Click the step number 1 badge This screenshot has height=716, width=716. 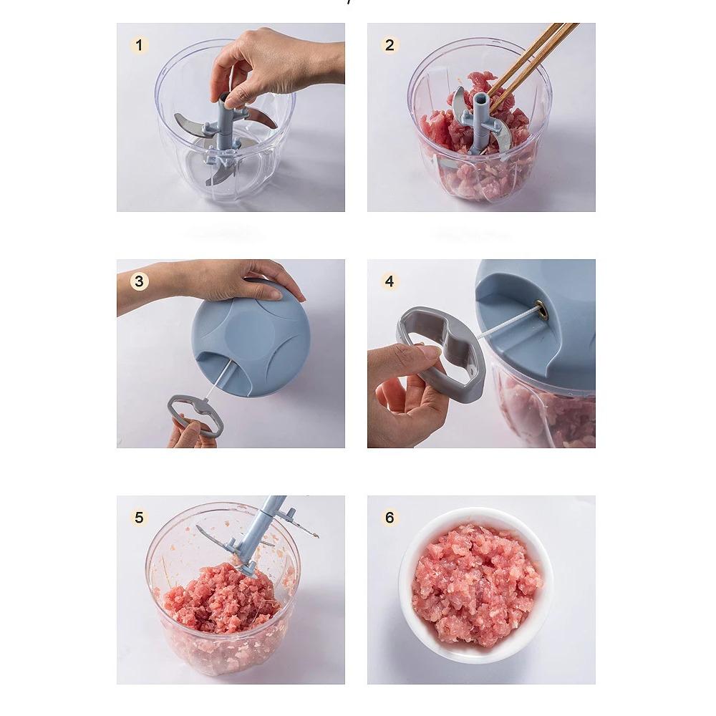[x=139, y=46]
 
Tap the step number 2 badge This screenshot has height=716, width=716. [x=390, y=46]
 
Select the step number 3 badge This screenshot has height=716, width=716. [x=139, y=281]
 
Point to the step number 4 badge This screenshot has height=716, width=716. [x=390, y=281]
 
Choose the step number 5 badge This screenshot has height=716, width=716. [x=139, y=518]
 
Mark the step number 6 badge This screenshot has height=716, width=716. [x=390, y=518]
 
